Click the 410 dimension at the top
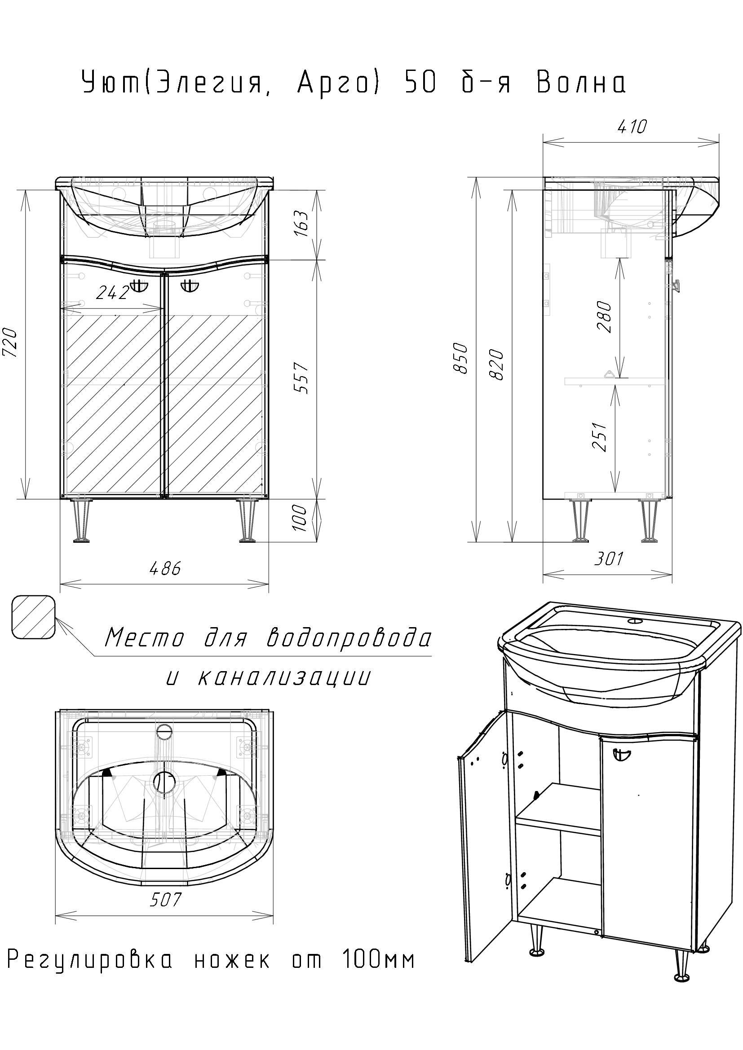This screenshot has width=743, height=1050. (632, 127)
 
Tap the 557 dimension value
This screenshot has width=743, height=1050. (301, 378)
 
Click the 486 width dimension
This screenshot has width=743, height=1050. (165, 568)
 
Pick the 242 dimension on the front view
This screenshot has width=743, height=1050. (113, 293)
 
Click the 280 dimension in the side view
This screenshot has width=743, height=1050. (604, 317)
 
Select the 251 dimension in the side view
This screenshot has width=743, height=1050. (600, 437)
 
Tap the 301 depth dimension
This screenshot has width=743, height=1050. (609, 558)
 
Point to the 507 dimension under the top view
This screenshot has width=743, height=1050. (165, 900)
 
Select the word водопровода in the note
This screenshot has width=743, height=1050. (349, 637)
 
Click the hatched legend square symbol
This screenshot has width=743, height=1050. (34, 617)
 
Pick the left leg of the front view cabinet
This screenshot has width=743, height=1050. (81, 521)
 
